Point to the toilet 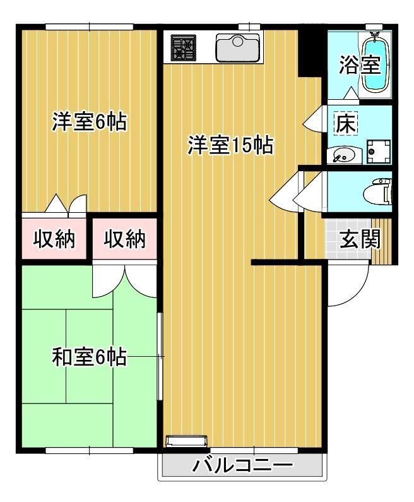pos(381,190)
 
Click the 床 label pos(345,124)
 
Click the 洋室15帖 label pos(230,146)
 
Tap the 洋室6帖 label pos(88,121)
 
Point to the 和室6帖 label pos(88,357)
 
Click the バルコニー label pos(243,468)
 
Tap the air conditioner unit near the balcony pos(186,441)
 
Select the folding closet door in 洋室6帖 pos(66,205)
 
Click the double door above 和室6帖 pos(124,280)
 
